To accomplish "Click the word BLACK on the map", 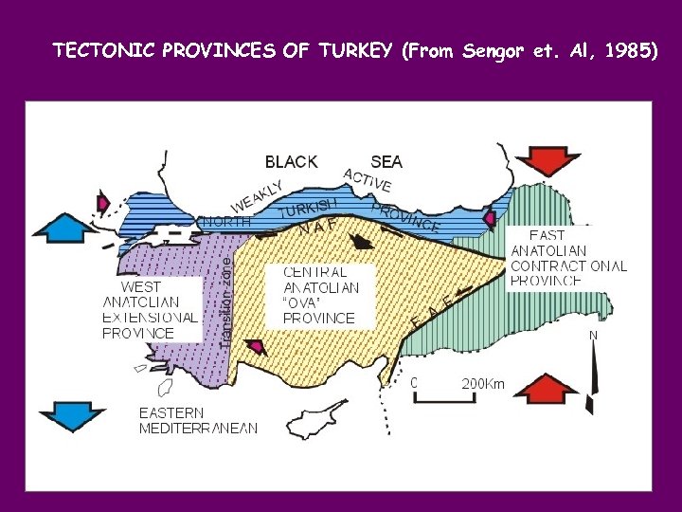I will pyautogui.click(x=291, y=162).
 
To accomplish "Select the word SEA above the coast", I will pyautogui.click(x=386, y=162).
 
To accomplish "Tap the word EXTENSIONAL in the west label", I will pyautogui.click(x=151, y=318).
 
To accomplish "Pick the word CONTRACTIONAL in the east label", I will pyautogui.click(x=568, y=266).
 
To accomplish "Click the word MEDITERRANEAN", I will pyautogui.click(x=198, y=429).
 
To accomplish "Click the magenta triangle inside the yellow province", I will pyautogui.click(x=255, y=346).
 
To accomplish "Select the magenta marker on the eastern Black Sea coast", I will pyautogui.click(x=489, y=219).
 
